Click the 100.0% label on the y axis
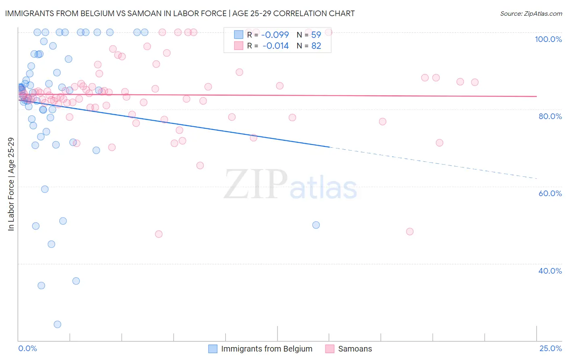(548, 39)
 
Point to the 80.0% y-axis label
(550, 116)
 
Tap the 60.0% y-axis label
(550, 193)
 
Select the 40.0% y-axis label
(550, 271)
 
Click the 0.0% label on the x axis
(27, 349)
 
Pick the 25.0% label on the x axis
(550, 349)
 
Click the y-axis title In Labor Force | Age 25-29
(11, 184)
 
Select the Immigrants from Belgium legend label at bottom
(267, 349)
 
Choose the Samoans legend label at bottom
(355, 349)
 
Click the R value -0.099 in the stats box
(275, 35)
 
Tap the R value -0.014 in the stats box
(275, 46)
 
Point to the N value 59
(316, 35)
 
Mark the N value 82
(316, 46)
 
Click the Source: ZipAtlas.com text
(531, 14)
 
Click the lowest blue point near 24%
(57, 324)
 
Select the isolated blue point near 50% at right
(316, 225)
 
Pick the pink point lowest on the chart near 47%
(159, 234)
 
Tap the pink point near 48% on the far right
(410, 232)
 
